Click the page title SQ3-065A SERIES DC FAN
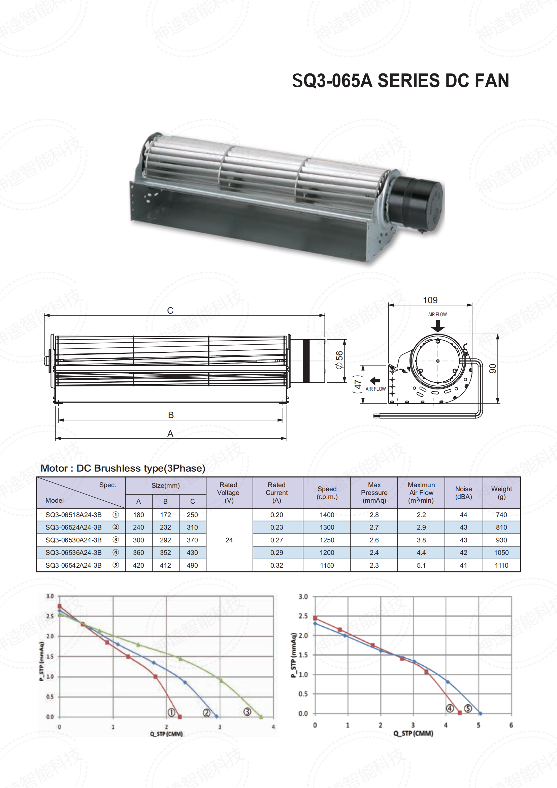pyautogui.click(x=400, y=81)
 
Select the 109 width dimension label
pyautogui.click(x=430, y=300)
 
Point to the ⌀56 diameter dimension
pyautogui.click(x=339, y=360)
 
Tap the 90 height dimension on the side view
pyautogui.click(x=493, y=369)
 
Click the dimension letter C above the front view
pyautogui.click(x=170, y=311)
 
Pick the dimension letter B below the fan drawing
pyautogui.click(x=171, y=415)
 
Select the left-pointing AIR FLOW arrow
pyautogui.click(x=375, y=381)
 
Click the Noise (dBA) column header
pyautogui.click(x=463, y=493)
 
